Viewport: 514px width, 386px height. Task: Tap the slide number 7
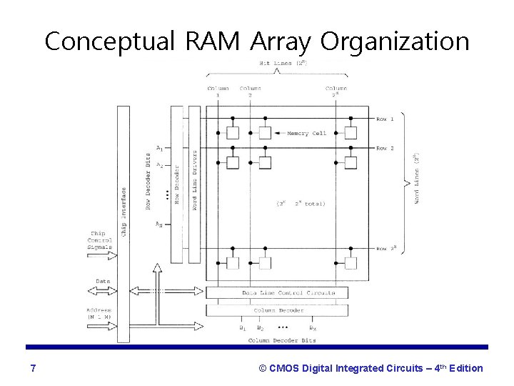[34, 368]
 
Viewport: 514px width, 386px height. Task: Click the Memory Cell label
[306, 132]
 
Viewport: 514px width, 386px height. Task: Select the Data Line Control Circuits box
[277, 294]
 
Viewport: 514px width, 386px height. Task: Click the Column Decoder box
[277, 310]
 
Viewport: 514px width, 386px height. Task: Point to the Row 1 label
[386, 119]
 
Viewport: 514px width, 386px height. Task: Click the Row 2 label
[386, 148]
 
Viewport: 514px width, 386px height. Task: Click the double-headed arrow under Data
[99, 290]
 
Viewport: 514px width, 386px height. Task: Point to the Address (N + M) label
[99, 313]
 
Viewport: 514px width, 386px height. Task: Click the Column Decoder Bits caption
[278, 340]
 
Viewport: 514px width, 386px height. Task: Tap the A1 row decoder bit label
[159, 149]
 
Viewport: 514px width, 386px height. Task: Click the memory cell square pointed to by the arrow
[265, 133]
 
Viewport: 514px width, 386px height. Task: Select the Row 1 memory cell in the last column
[350, 133]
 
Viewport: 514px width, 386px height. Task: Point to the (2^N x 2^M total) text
[299, 204]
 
